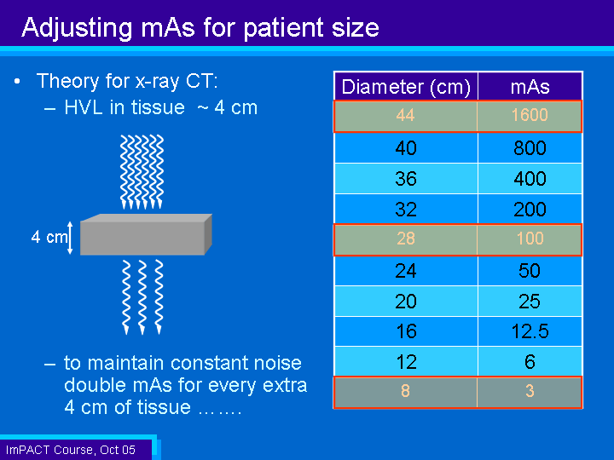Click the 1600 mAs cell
[x=530, y=116]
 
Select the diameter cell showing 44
[x=406, y=116]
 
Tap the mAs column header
[x=530, y=86]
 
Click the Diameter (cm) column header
[x=406, y=86]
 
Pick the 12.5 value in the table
[x=530, y=331]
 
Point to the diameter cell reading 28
[x=406, y=239]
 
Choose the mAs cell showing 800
[x=530, y=148]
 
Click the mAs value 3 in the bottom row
[x=530, y=392]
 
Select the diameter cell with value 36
[x=406, y=178]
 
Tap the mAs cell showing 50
[x=530, y=271]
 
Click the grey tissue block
[x=146, y=235]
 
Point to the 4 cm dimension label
[x=49, y=237]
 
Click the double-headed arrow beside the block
[x=70, y=238]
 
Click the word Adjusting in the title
[x=77, y=28]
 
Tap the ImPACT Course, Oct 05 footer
[x=71, y=450]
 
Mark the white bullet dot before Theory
[x=17, y=82]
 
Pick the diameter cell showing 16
[x=406, y=331]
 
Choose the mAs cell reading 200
[x=530, y=210]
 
